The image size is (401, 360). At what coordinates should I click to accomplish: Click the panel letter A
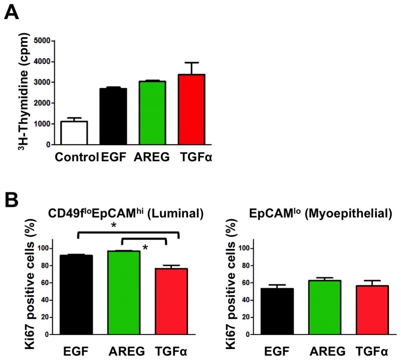point(12,12)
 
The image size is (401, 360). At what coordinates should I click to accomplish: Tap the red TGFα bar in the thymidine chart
point(191,109)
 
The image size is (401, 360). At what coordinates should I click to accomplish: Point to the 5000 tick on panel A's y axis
point(42,41)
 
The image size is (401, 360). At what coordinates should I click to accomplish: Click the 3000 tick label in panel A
point(42,82)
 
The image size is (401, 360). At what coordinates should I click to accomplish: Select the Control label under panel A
point(75,157)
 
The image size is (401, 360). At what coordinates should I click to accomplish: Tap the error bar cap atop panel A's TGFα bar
point(191,63)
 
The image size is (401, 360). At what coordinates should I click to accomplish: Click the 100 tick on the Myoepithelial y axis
point(242,248)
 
